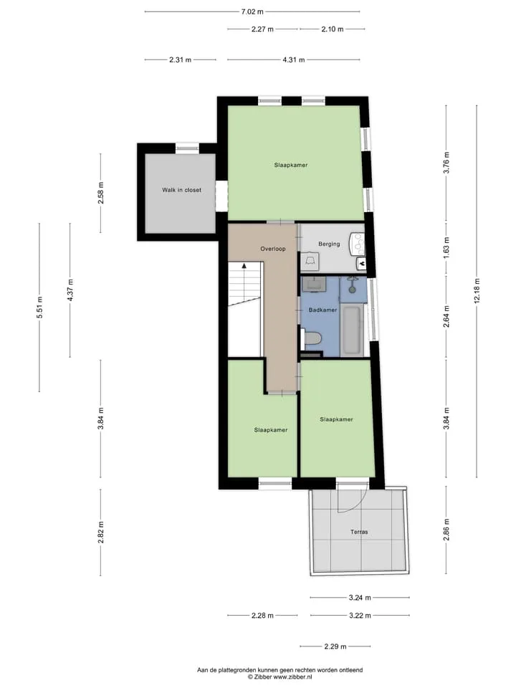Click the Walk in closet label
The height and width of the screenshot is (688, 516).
tap(181, 190)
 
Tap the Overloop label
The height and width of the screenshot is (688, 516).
tap(273, 249)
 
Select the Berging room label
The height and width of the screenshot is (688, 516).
tap(329, 244)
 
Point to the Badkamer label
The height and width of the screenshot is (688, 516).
tap(323, 310)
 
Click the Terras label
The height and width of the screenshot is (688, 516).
tap(359, 532)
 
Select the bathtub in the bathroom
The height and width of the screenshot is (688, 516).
tap(352, 330)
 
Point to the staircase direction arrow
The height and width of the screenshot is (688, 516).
tap(244, 266)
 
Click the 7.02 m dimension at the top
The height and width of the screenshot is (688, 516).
tap(252, 12)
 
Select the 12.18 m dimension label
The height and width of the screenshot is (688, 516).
tap(477, 290)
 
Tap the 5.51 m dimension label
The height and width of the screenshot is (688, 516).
tap(39, 307)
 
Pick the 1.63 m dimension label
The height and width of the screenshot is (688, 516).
tap(446, 248)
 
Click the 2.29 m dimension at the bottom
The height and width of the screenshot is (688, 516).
tap(335, 646)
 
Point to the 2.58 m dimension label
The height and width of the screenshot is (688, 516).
tap(101, 193)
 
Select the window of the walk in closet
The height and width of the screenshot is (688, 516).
tap(187, 148)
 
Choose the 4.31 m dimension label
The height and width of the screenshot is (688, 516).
tap(294, 59)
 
